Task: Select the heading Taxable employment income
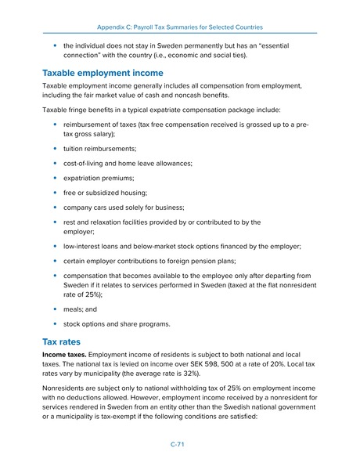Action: tap(103, 72)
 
